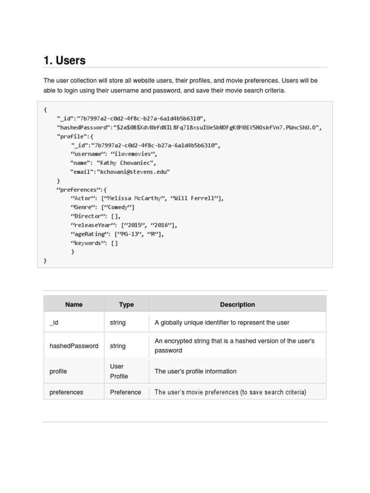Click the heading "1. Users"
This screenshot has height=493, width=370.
coord(65,61)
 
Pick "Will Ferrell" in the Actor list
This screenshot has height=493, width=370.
coord(195,198)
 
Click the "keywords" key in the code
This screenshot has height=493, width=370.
coord(89,243)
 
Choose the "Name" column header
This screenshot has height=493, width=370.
coord(74,304)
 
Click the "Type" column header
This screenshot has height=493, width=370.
coord(126,304)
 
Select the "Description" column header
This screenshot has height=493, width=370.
coord(237,304)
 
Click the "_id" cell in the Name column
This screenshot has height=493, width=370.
coord(54,323)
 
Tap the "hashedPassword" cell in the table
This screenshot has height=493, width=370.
coord(74,346)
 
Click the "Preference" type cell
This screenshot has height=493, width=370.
coord(125,392)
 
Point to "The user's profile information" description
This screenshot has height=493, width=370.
coord(195,371)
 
